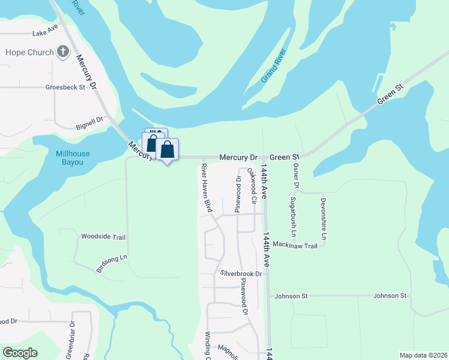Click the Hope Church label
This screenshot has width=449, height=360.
click(29, 52)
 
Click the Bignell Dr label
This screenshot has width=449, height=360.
click(90, 123)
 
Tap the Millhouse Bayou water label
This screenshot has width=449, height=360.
click(73, 158)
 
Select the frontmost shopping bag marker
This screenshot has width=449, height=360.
click(167, 150)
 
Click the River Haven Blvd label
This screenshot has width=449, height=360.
click(206, 188)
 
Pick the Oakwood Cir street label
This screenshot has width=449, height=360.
click(253, 185)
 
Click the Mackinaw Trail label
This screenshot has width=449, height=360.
click(294, 245)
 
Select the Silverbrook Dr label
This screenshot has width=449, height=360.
click(241, 274)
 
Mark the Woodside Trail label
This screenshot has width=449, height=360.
click(103, 237)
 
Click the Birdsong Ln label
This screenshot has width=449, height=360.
click(112, 264)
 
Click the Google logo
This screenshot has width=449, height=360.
click(20, 353)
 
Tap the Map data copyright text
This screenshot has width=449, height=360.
click(423, 355)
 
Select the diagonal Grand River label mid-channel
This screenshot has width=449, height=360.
click(273, 66)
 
